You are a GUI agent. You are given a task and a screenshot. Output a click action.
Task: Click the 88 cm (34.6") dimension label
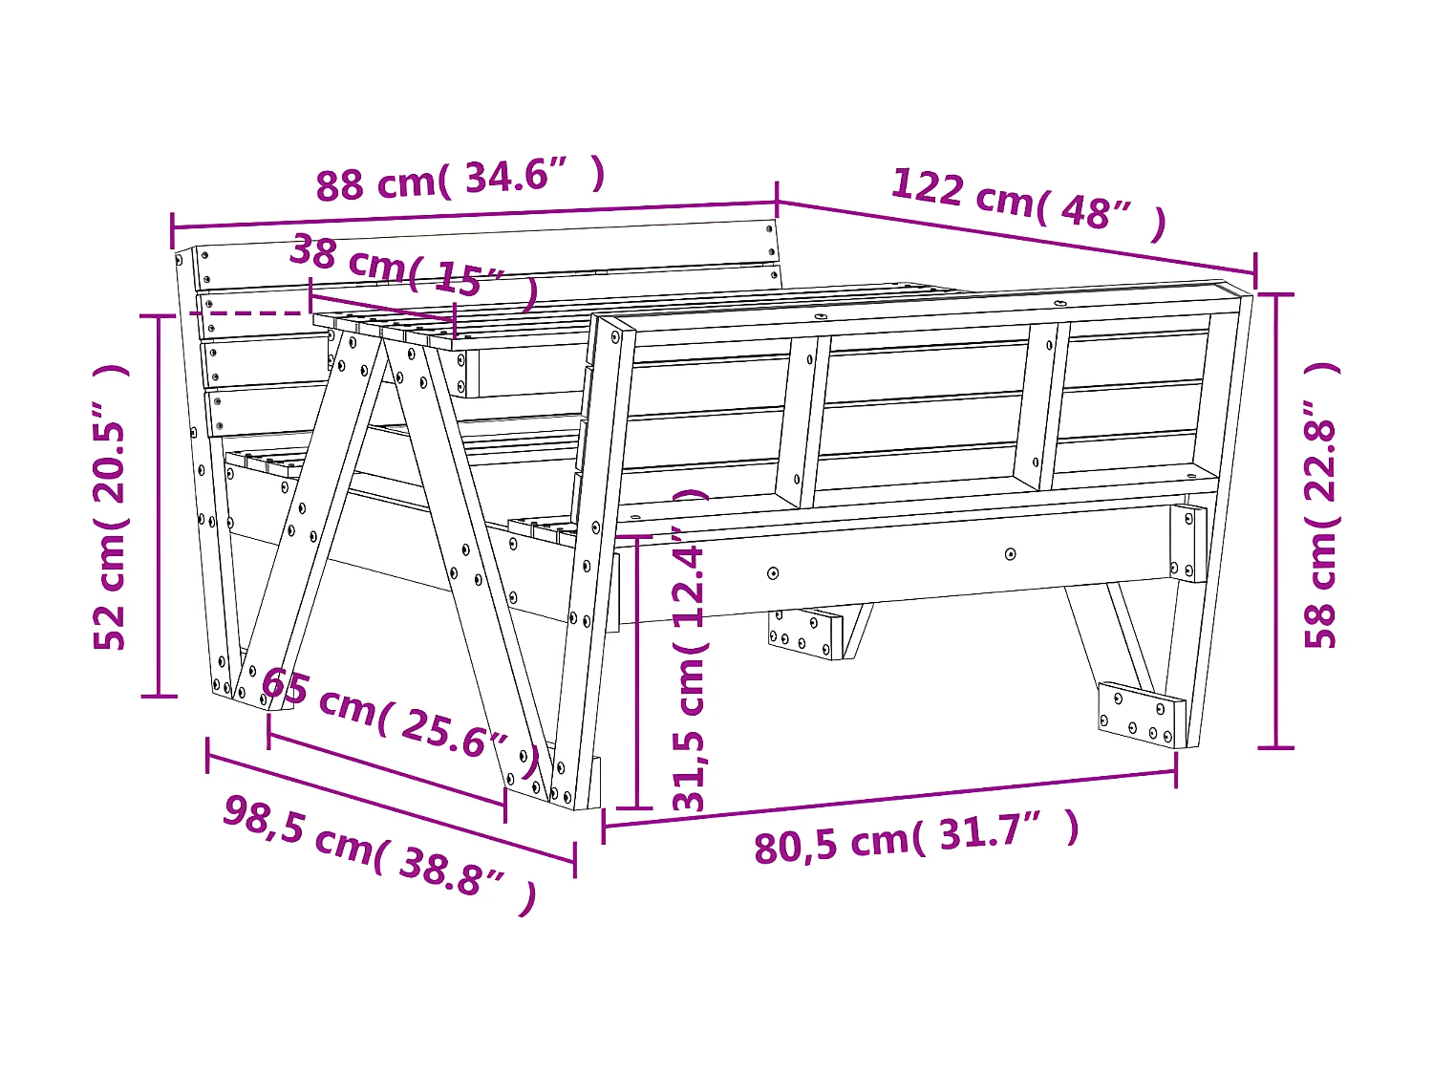(460, 179)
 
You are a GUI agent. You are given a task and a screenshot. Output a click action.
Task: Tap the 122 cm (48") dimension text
(1028, 203)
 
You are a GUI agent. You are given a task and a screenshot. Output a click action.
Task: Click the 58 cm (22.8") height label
(1321, 505)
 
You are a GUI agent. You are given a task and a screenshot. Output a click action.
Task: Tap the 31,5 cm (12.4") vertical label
(690, 650)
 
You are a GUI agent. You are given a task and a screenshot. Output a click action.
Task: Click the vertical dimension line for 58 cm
(1276, 521)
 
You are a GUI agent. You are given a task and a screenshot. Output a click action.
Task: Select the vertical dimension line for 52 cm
(159, 506)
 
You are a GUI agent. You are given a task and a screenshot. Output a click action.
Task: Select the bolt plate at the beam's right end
(1188, 542)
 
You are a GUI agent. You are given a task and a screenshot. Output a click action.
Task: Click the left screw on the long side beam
(773, 573)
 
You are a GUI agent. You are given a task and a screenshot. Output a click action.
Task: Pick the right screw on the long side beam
(1010, 554)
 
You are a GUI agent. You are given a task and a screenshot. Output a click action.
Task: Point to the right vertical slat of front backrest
(1042, 406)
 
